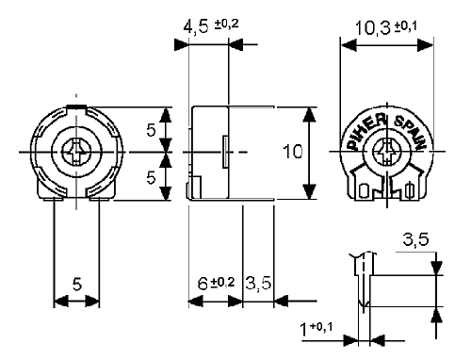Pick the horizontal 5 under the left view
click(x=76, y=282)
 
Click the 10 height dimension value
click(x=295, y=151)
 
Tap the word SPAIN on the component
click(x=411, y=132)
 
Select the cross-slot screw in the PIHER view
click(x=387, y=151)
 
